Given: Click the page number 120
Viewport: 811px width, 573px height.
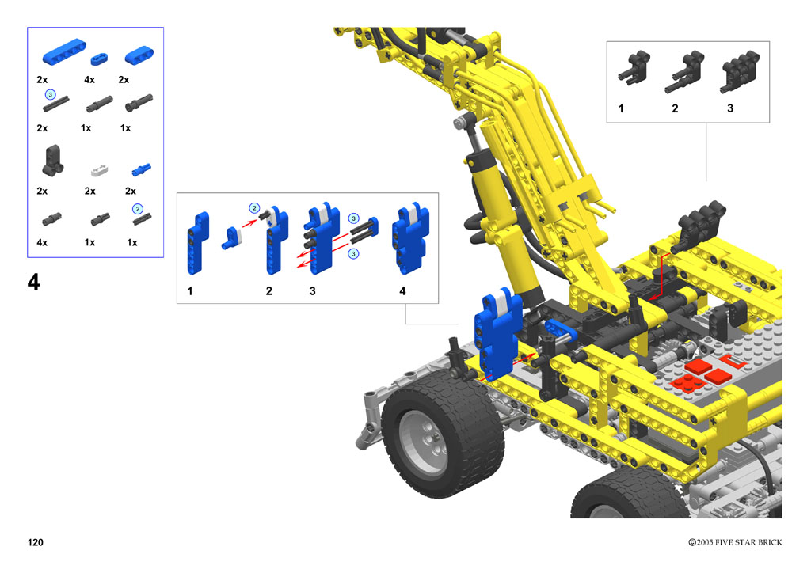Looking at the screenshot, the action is pos(35,542).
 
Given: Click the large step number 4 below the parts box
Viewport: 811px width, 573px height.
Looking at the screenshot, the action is pos(33,282).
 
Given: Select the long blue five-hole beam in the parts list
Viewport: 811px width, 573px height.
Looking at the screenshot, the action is pos(64,51).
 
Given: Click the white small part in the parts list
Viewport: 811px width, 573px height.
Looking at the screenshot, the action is pos(99,169).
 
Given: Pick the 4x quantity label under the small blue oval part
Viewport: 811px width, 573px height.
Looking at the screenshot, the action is pos(89,80).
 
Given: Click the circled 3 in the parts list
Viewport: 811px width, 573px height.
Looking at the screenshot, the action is pos(50,94).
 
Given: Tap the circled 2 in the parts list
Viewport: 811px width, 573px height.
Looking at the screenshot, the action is pos(137,209).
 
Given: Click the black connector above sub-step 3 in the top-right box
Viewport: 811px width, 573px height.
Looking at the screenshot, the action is pos(740,72).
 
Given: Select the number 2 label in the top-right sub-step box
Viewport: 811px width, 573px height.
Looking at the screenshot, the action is pos(675,108).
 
